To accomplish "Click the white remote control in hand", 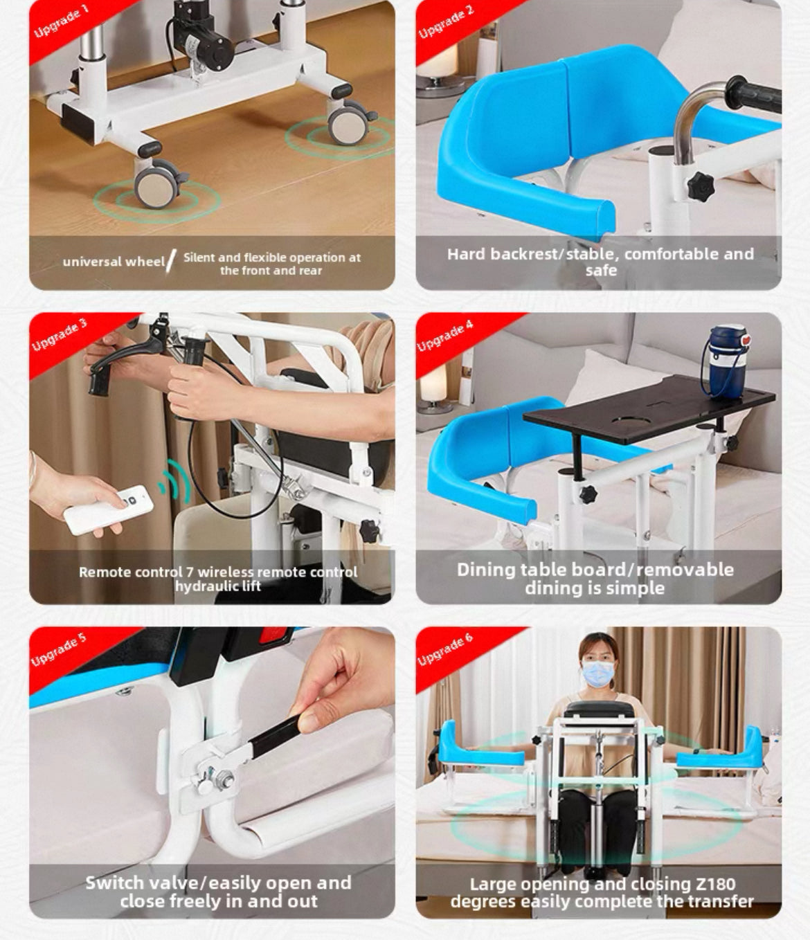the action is click(108, 509).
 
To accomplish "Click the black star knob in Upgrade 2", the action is click(700, 186).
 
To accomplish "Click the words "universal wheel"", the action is click(114, 262).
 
